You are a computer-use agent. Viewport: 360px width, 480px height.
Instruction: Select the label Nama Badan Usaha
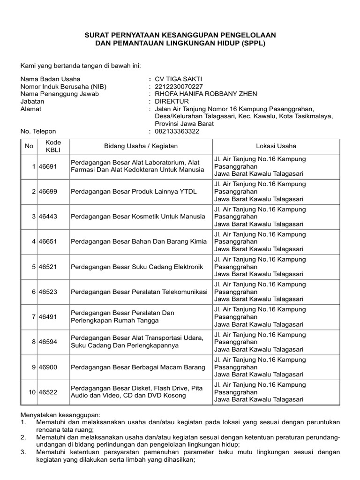[50, 79]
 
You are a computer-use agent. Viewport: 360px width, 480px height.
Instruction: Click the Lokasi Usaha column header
[276, 146]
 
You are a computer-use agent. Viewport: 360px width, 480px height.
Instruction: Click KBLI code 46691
[48, 166]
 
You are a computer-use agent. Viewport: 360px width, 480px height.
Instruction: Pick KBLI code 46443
[48, 217]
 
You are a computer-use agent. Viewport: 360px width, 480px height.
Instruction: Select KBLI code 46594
[48, 342]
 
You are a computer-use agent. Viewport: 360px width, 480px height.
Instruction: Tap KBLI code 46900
[48, 367]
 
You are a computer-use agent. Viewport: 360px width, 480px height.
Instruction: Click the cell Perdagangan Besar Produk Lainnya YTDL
[134, 192]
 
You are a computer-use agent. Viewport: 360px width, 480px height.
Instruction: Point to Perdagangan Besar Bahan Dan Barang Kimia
[138, 242]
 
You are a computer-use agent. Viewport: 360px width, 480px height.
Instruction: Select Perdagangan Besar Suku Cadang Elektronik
[137, 267]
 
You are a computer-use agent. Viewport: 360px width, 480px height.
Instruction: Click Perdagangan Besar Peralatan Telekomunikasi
[139, 292]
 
